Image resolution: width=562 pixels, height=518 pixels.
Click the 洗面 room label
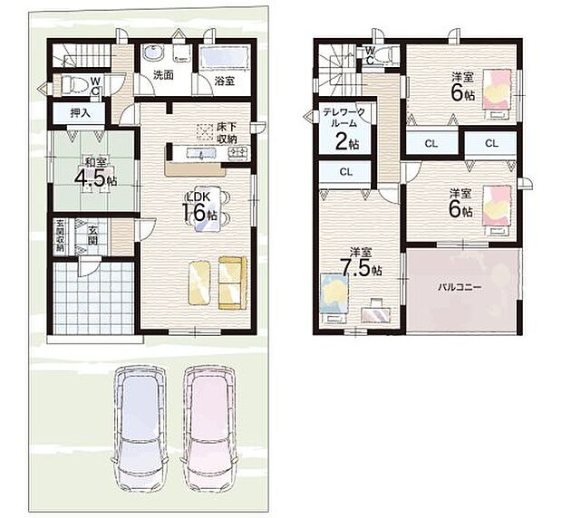162,76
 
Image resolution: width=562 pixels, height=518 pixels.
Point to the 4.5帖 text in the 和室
93,177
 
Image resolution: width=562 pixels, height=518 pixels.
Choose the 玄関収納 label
60,235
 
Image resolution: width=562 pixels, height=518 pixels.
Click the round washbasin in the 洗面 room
151,52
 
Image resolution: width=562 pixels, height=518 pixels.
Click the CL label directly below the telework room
345,171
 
